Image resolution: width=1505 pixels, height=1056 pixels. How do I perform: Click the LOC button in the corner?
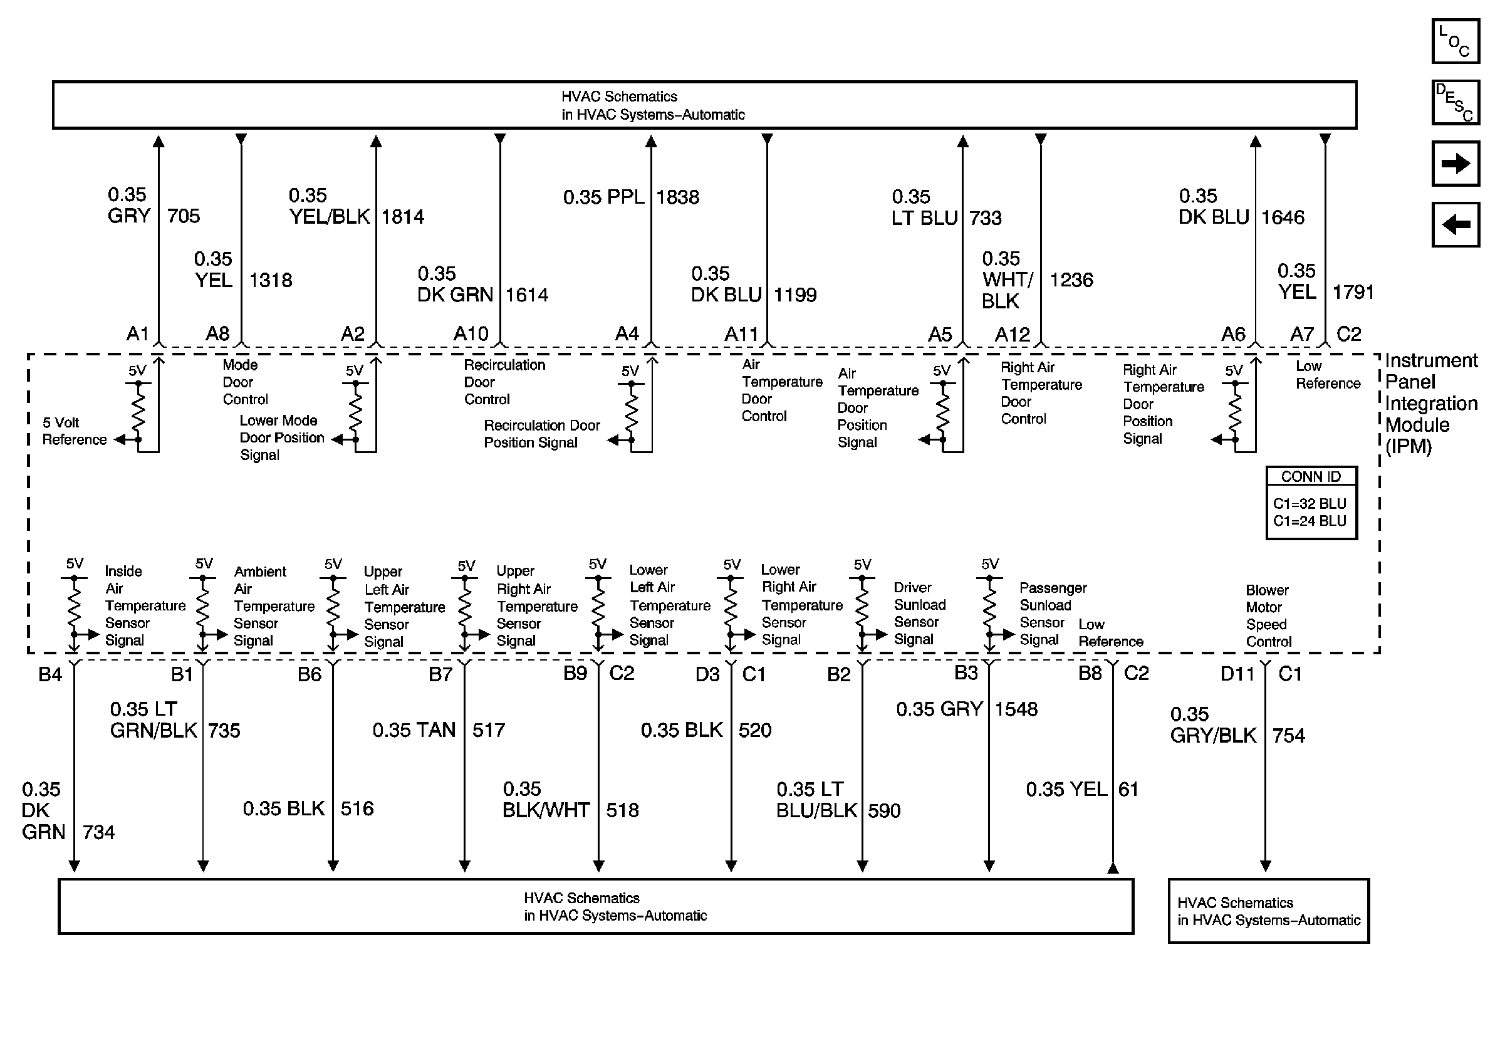[1455, 41]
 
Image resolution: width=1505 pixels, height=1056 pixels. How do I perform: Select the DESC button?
[1455, 102]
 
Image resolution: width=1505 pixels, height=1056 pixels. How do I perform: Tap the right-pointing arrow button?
[1455, 163]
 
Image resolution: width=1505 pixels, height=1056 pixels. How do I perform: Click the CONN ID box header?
[1311, 476]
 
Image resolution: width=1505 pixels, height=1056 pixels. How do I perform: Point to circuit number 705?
[183, 216]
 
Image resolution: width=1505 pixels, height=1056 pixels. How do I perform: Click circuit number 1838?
[677, 197]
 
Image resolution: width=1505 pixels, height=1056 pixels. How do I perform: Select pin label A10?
[471, 334]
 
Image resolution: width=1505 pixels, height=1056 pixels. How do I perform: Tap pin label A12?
[1012, 335]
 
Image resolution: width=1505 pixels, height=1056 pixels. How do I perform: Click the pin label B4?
[50, 674]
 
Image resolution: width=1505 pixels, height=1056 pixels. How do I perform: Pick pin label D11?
[1237, 674]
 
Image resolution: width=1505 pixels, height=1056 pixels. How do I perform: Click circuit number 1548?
[1016, 709]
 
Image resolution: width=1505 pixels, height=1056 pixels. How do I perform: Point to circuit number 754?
[1288, 736]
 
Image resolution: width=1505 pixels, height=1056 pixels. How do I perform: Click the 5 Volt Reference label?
[74, 431]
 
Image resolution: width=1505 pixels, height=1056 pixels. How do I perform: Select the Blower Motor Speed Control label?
[1268, 615]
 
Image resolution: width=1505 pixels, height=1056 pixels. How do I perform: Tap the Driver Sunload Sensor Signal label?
[919, 613]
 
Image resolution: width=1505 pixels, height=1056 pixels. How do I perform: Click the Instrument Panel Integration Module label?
[1431, 403]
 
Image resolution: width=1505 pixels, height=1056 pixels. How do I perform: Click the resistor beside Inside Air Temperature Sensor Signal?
[74, 606]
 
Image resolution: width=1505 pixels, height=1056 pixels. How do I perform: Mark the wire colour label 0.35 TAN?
[414, 730]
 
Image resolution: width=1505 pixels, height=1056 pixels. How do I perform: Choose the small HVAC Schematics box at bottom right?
[1268, 911]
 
